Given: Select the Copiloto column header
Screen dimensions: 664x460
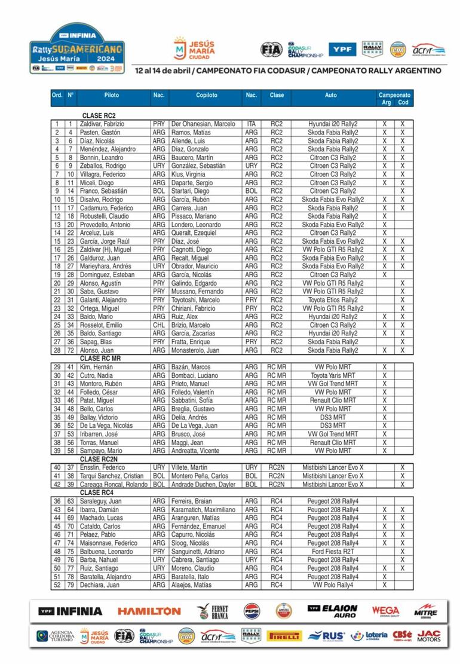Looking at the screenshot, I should [x=207, y=95].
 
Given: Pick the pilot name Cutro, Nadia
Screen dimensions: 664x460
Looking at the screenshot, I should [x=95, y=375].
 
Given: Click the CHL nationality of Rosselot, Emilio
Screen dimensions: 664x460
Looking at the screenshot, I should [x=158, y=325].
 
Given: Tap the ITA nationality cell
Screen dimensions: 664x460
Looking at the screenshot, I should [x=251, y=124].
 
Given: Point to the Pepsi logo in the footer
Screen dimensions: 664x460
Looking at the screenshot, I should [x=252, y=611].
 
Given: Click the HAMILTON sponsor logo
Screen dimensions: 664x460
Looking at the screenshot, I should [x=149, y=611].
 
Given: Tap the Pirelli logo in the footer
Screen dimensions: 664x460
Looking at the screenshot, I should [x=284, y=636].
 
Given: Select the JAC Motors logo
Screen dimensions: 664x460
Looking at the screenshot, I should [x=429, y=636].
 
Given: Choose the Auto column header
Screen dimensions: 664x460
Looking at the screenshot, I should [x=330, y=95].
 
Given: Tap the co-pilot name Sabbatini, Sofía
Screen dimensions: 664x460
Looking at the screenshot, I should [x=193, y=400].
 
